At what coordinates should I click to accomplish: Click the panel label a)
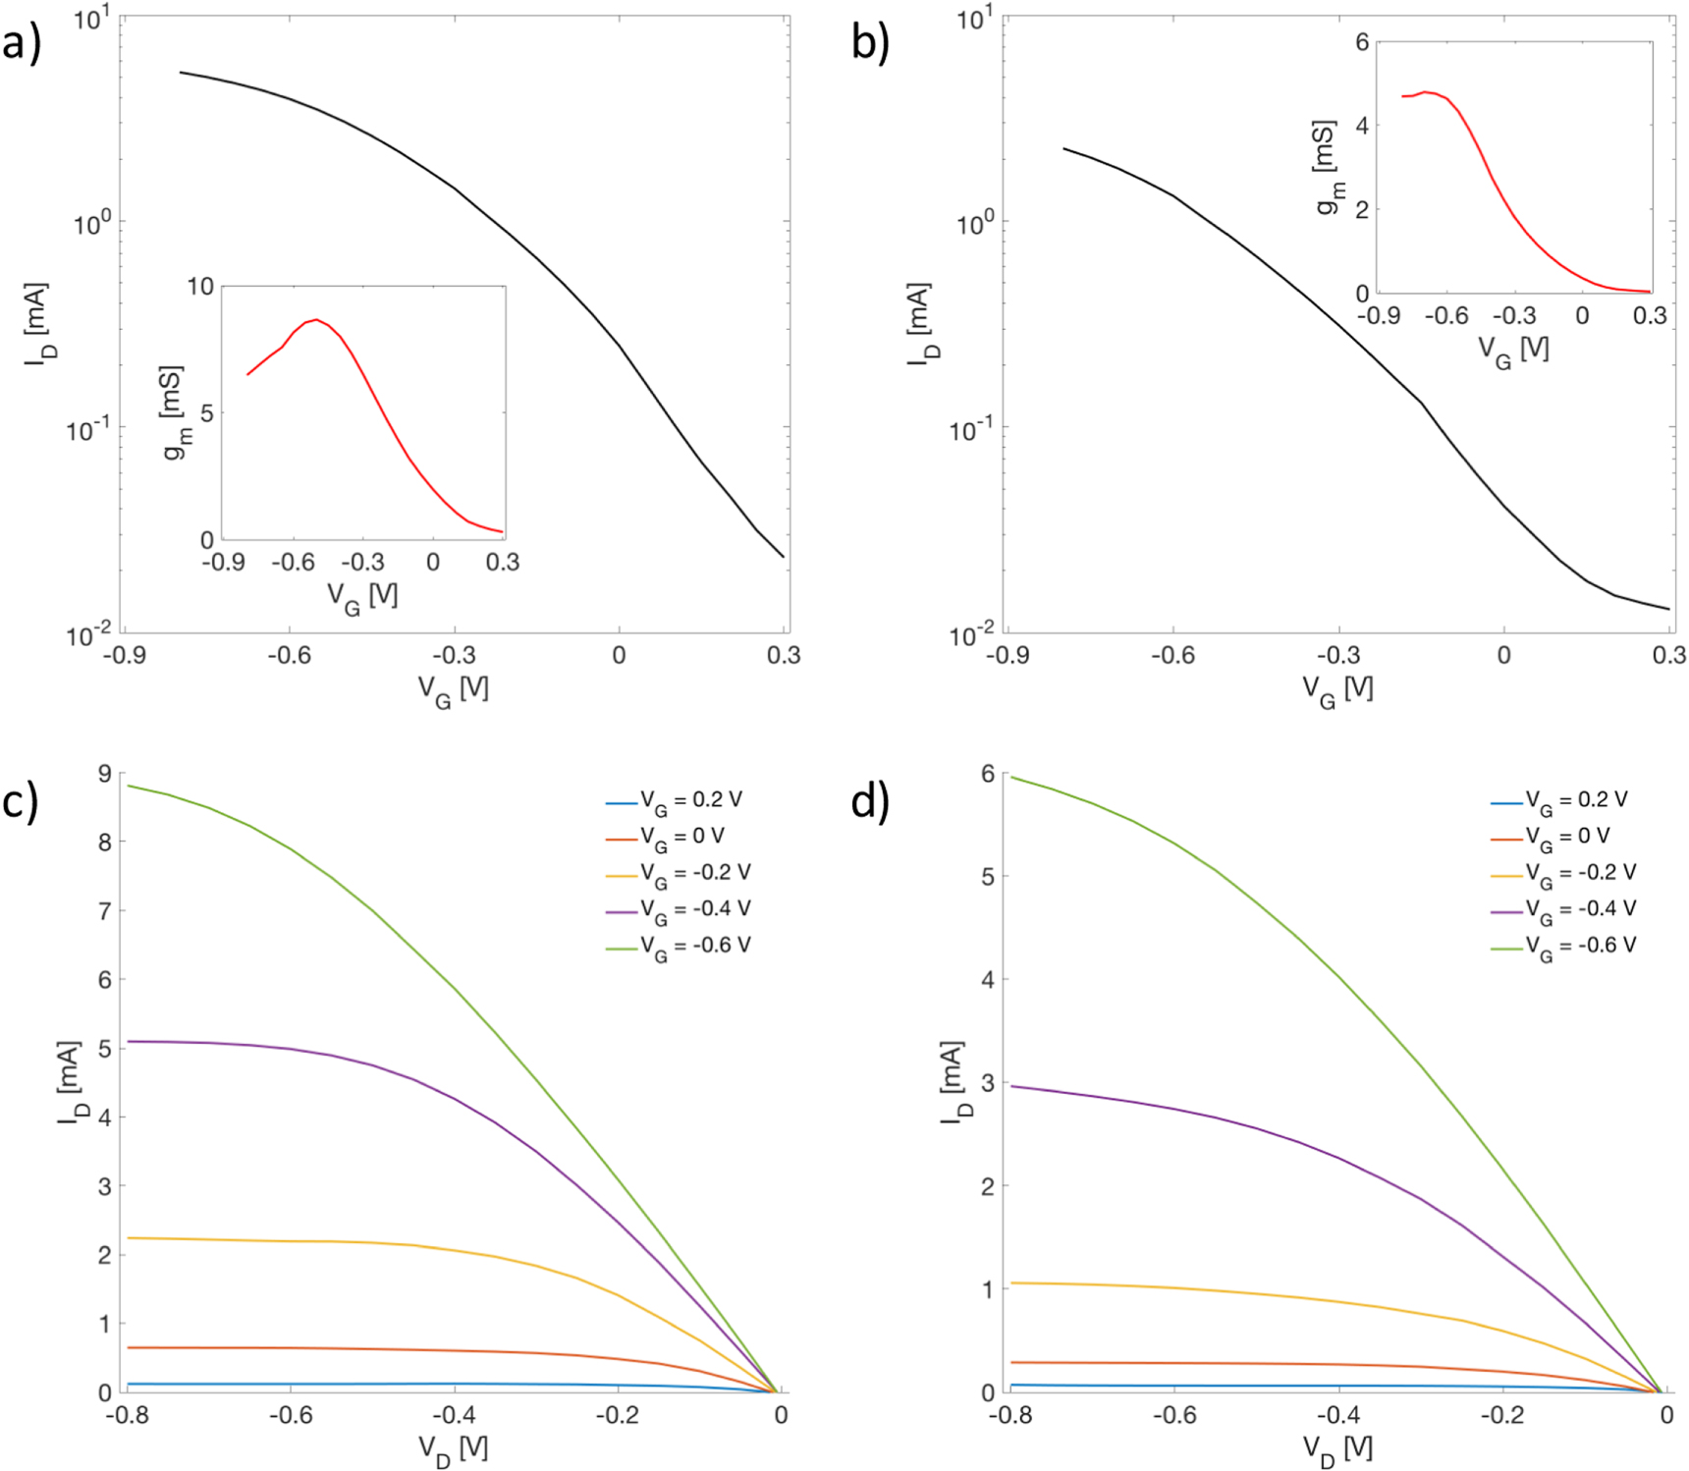pyautogui.click(x=22, y=43)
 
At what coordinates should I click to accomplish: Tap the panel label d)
pyautogui.click(x=870, y=801)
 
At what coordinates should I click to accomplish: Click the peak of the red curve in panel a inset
pyautogui.click(x=315, y=319)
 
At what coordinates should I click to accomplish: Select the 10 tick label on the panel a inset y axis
pyautogui.click(x=200, y=286)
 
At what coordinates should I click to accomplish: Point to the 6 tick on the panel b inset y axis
pyautogui.click(x=1362, y=42)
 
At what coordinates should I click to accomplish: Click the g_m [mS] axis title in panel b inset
pyautogui.click(x=1327, y=168)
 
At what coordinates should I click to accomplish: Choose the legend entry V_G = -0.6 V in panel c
pyautogui.click(x=694, y=946)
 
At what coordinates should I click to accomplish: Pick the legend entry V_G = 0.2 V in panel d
pyautogui.click(x=1576, y=800)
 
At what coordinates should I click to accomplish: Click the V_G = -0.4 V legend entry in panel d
pyautogui.click(x=1580, y=909)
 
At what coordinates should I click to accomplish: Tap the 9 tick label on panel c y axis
pyautogui.click(x=105, y=774)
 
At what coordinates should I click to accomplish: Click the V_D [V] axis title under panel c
pyautogui.click(x=453, y=1448)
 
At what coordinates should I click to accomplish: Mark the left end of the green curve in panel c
pyautogui.click(x=128, y=785)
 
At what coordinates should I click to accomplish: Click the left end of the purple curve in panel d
pyautogui.click(x=1011, y=1086)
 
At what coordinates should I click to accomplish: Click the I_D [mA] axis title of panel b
pyautogui.click(x=919, y=324)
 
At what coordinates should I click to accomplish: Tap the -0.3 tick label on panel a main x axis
pyautogui.click(x=454, y=655)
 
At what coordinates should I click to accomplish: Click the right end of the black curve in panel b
pyautogui.click(x=1668, y=609)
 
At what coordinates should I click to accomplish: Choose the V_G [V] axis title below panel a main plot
pyautogui.click(x=453, y=690)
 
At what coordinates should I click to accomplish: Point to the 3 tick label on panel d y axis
pyautogui.click(x=989, y=1082)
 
